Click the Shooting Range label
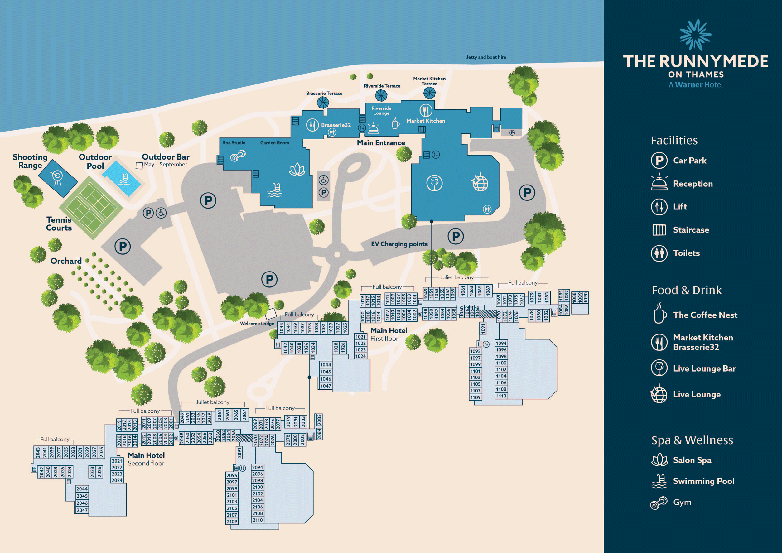[x=30, y=161]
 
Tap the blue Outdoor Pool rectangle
[x=122, y=178]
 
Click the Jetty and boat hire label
[x=486, y=57]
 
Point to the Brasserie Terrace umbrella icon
[x=322, y=103]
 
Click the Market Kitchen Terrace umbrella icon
[x=429, y=93]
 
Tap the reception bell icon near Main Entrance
[x=374, y=128]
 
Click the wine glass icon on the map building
[x=434, y=183]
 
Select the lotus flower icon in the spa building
[x=297, y=170]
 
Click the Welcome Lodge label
[x=257, y=324]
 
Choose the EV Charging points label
[x=399, y=244]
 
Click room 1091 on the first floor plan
[x=483, y=329]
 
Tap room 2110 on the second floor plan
[x=258, y=520]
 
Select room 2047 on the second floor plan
[x=82, y=510]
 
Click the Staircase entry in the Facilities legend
[x=690, y=230]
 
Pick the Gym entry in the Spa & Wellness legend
[x=682, y=502]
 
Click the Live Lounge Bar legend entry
[x=704, y=368]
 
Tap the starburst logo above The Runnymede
[x=696, y=35]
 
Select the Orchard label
[x=66, y=261]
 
